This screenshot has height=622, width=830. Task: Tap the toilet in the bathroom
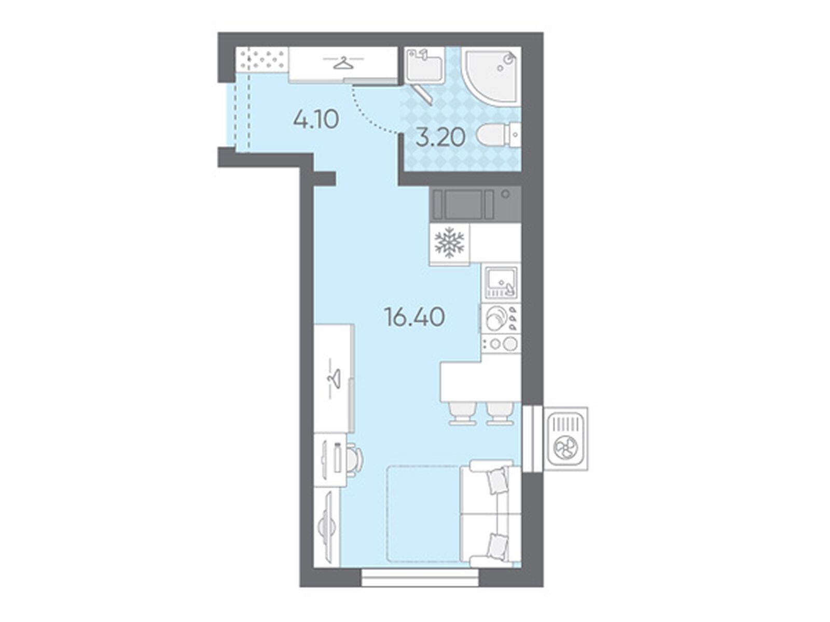(499, 136)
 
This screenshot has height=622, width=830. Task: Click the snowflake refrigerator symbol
(449, 242)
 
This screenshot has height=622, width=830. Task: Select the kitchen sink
(501, 282)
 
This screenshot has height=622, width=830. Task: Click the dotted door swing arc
(372, 114)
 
